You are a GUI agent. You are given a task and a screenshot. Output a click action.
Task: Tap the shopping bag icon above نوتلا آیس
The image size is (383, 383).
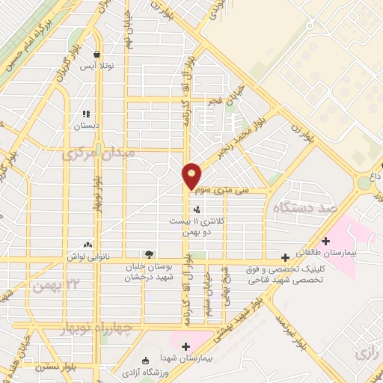pyautogui.click(x=97, y=54)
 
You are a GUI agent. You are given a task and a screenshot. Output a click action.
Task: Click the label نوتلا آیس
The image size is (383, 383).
pyautogui.click(x=97, y=66)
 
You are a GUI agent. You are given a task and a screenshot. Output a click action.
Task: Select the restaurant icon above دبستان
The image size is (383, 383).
pyautogui.click(x=86, y=114)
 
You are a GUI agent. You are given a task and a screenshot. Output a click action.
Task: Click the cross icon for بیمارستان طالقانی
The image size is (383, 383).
pyautogui.click(x=325, y=241)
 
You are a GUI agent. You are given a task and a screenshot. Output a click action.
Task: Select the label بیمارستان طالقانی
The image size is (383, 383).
pyautogui.click(x=326, y=255)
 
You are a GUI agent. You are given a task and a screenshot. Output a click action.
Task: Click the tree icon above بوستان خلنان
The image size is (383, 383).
pyautogui.click(x=148, y=254)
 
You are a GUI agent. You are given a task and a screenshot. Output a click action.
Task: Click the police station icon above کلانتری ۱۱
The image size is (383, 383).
pyautogui.click(x=196, y=209)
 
